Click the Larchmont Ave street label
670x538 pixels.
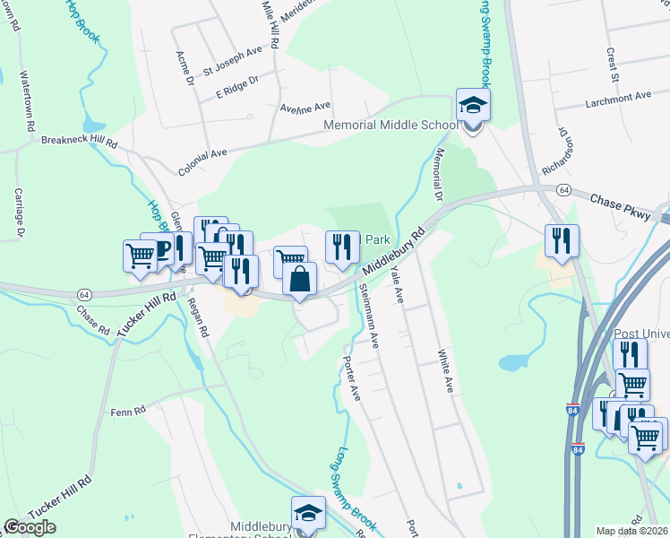point(618,96)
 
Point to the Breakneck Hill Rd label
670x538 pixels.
point(80,142)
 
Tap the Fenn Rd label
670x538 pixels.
point(128,412)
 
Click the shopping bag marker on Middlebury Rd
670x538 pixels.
point(300,281)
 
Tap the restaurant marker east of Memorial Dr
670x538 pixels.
point(562,242)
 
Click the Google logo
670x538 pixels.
point(30,527)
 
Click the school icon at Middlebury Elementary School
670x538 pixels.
point(309,515)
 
